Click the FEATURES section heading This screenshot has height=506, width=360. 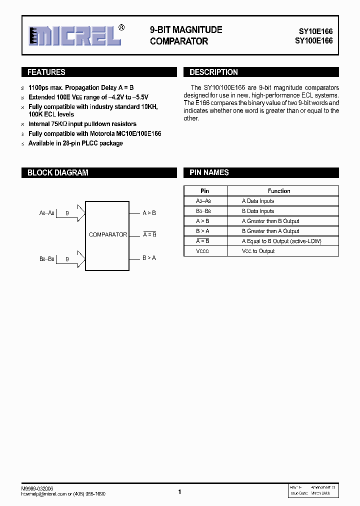tap(46, 72)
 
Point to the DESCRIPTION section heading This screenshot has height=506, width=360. tap(213, 72)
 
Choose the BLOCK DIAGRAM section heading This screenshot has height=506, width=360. tap(57, 173)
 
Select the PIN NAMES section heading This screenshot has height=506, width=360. tap(209, 172)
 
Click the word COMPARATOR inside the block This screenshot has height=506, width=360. tap(107, 234)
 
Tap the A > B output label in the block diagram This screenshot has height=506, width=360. tap(149, 213)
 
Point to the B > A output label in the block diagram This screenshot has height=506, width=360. tap(149, 258)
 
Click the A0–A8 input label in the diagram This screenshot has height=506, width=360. tap(46, 213)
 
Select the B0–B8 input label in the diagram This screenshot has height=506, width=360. tap(46, 259)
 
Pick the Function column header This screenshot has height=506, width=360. tap(278, 191)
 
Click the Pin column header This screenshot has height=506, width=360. tap(205, 191)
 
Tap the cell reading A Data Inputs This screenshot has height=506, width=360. tap(258, 201)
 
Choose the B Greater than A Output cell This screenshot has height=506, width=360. tap(270, 231)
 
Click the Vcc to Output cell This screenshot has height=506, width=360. tap(258, 251)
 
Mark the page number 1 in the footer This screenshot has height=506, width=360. tap(179, 492)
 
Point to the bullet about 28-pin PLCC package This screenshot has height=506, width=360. tap(75, 143)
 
